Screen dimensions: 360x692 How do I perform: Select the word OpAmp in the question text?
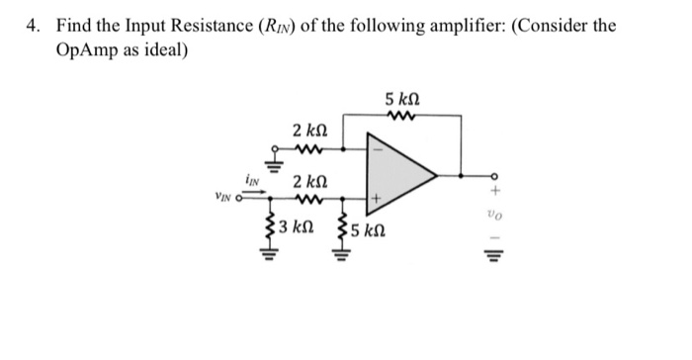pyautogui.click(x=80, y=48)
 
